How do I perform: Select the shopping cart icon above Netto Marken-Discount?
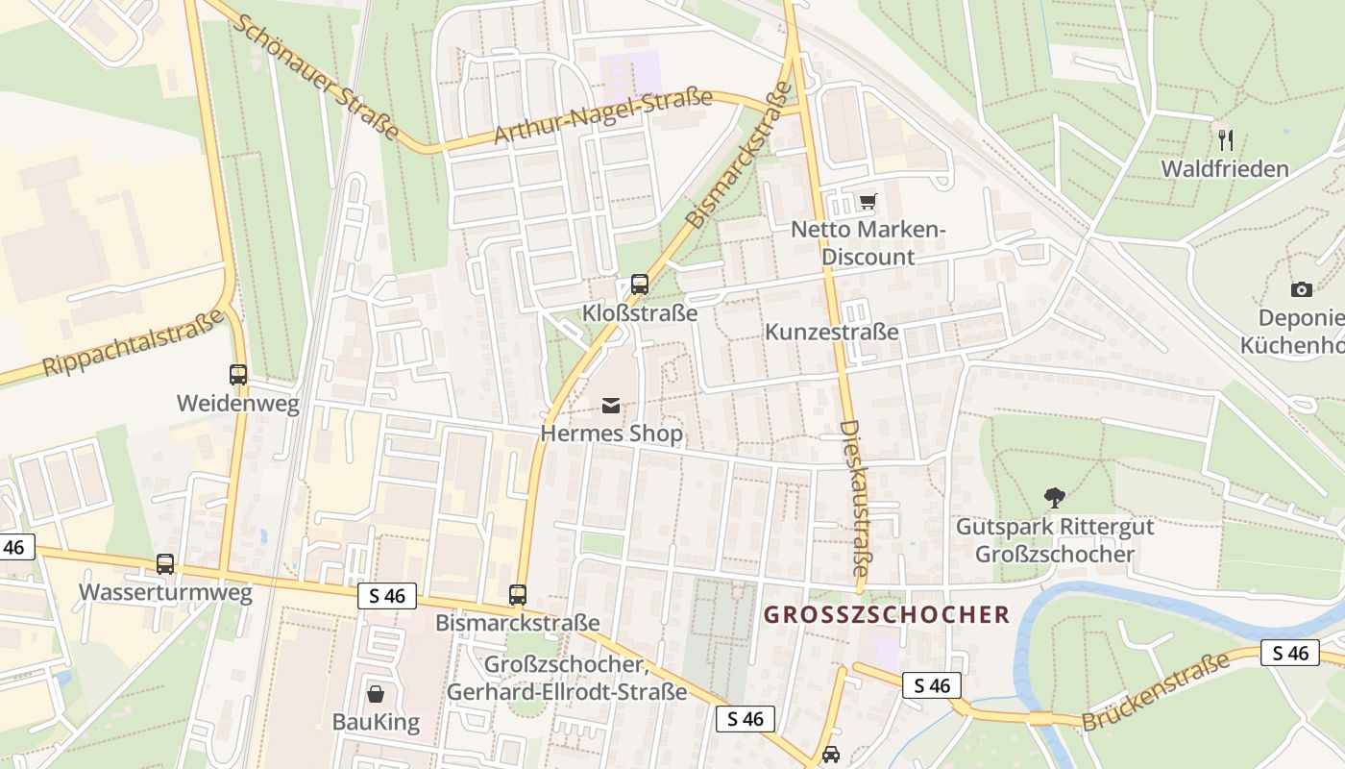(x=868, y=202)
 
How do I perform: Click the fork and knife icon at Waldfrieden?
(x=1225, y=140)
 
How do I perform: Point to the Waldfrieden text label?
(x=1225, y=169)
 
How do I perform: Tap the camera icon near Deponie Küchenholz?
(x=1302, y=289)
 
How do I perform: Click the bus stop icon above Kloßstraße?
(x=640, y=285)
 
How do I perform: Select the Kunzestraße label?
(x=832, y=332)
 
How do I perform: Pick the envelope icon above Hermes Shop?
(x=611, y=406)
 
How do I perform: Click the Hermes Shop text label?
(x=611, y=434)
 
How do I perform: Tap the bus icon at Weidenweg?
(x=238, y=375)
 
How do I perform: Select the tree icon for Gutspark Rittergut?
(x=1055, y=498)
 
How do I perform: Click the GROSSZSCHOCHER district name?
(x=887, y=614)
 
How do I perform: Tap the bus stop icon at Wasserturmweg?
(x=165, y=564)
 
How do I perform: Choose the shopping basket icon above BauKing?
(x=376, y=693)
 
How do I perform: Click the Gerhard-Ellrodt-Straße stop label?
(x=567, y=691)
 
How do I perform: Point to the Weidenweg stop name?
(x=238, y=404)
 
